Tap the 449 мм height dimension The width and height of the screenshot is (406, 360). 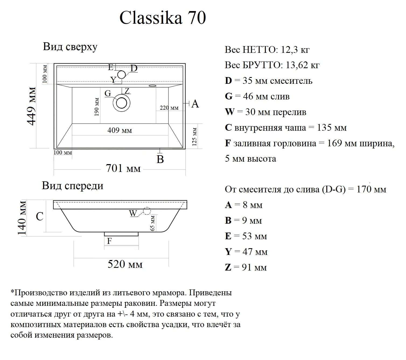[x=32, y=106]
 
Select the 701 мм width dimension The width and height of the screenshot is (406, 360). [x=123, y=168]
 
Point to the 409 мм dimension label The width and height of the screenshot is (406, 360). [x=120, y=130]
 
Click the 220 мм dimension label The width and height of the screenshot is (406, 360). [x=169, y=108]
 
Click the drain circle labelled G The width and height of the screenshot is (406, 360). [x=121, y=103]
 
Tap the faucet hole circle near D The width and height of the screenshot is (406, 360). [x=121, y=74]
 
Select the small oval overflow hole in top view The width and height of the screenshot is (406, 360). [x=152, y=86]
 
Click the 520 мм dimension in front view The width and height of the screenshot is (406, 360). [x=125, y=264]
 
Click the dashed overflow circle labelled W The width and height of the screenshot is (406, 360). [x=147, y=211]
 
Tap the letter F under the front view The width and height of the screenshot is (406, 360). [x=109, y=241]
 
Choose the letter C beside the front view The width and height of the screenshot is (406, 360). [x=40, y=216]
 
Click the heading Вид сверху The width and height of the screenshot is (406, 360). [x=70, y=47]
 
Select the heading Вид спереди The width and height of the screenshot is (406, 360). [x=73, y=186]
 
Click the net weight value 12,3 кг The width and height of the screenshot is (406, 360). [x=295, y=50]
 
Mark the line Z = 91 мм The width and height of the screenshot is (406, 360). [x=246, y=267]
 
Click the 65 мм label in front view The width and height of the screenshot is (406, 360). [x=153, y=223]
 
